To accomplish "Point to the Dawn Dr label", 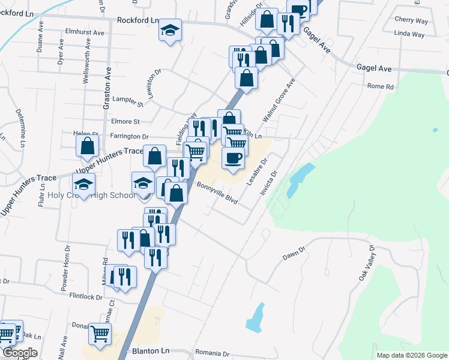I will (294, 253).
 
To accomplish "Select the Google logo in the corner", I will (19, 353).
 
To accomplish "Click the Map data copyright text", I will (411, 355).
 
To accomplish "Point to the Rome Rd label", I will (380, 86).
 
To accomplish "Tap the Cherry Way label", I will (411, 20).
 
